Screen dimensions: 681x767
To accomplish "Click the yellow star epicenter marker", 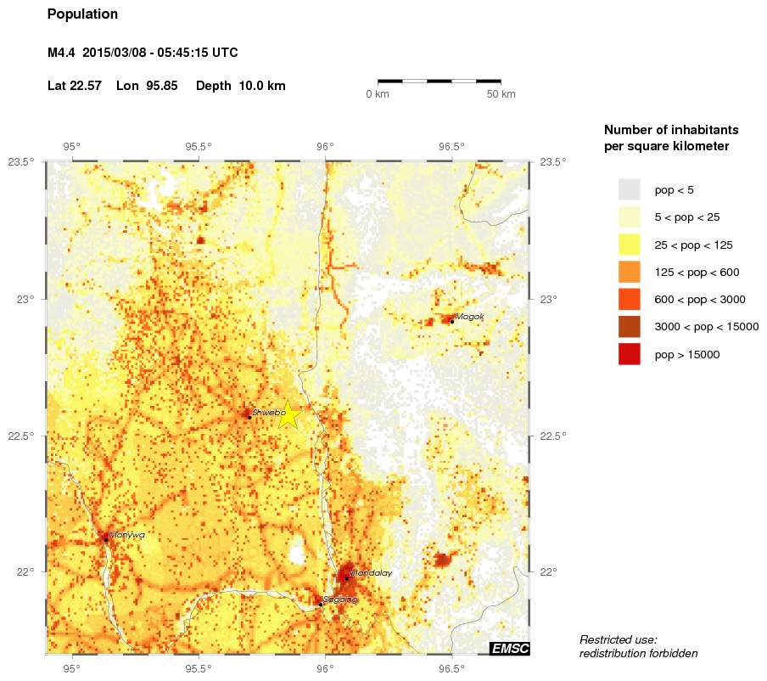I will point(288,414).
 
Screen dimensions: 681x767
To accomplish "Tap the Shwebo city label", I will point(267,412).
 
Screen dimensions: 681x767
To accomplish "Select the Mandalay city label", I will point(371,573).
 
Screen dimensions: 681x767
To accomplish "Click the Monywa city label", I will point(126,535).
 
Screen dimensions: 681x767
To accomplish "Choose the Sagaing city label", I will point(340,599).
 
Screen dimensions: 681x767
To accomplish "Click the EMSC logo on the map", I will point(510,649).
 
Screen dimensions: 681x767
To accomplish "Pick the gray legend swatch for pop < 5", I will point(629,189).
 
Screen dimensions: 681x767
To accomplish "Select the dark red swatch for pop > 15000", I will point(629,354).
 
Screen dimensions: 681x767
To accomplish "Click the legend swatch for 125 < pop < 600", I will point(629,272).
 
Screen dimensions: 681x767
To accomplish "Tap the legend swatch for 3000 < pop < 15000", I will point(629,327).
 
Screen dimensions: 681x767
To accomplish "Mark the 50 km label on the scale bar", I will point(501,94).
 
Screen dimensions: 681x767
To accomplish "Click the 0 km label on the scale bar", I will point(378,94).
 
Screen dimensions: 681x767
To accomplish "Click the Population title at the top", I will point(82,14).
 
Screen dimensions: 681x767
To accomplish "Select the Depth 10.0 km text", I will point(241,87).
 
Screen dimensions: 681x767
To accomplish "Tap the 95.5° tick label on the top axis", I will point(199,146).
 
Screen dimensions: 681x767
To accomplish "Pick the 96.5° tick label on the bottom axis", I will point(451,667).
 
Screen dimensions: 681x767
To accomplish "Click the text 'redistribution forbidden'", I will point(638,653).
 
